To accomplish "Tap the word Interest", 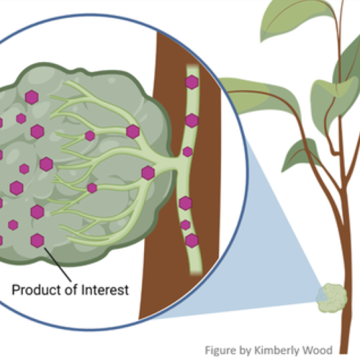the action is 105,290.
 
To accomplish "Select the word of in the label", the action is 71,289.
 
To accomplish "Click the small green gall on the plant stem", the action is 332,297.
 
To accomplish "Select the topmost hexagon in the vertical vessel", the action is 192,82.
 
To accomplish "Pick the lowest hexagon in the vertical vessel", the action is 192,240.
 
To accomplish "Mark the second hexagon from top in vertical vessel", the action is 192,120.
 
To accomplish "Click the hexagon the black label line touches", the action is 37,240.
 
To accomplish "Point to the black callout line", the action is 58,264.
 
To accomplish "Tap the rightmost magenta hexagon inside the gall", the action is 148,173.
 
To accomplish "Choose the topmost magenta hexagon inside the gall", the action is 32,97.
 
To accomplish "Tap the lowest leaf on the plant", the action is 301,153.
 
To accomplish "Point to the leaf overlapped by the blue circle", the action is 259,96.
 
